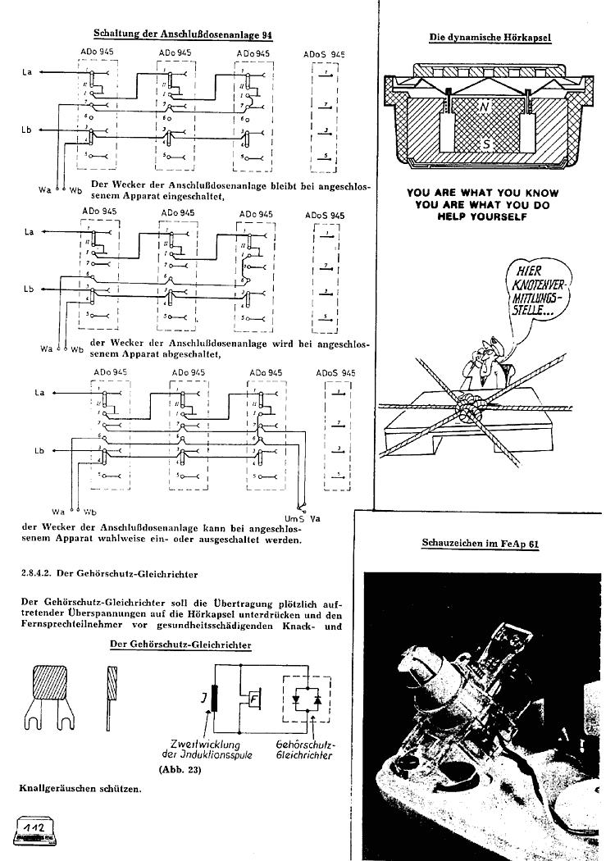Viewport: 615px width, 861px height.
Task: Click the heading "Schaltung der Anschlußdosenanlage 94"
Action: (x=183, y=35)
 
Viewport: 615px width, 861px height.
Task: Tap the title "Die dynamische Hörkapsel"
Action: (x=490, y=37)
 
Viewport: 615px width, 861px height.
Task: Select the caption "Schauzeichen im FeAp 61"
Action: (x=480, y=543)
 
